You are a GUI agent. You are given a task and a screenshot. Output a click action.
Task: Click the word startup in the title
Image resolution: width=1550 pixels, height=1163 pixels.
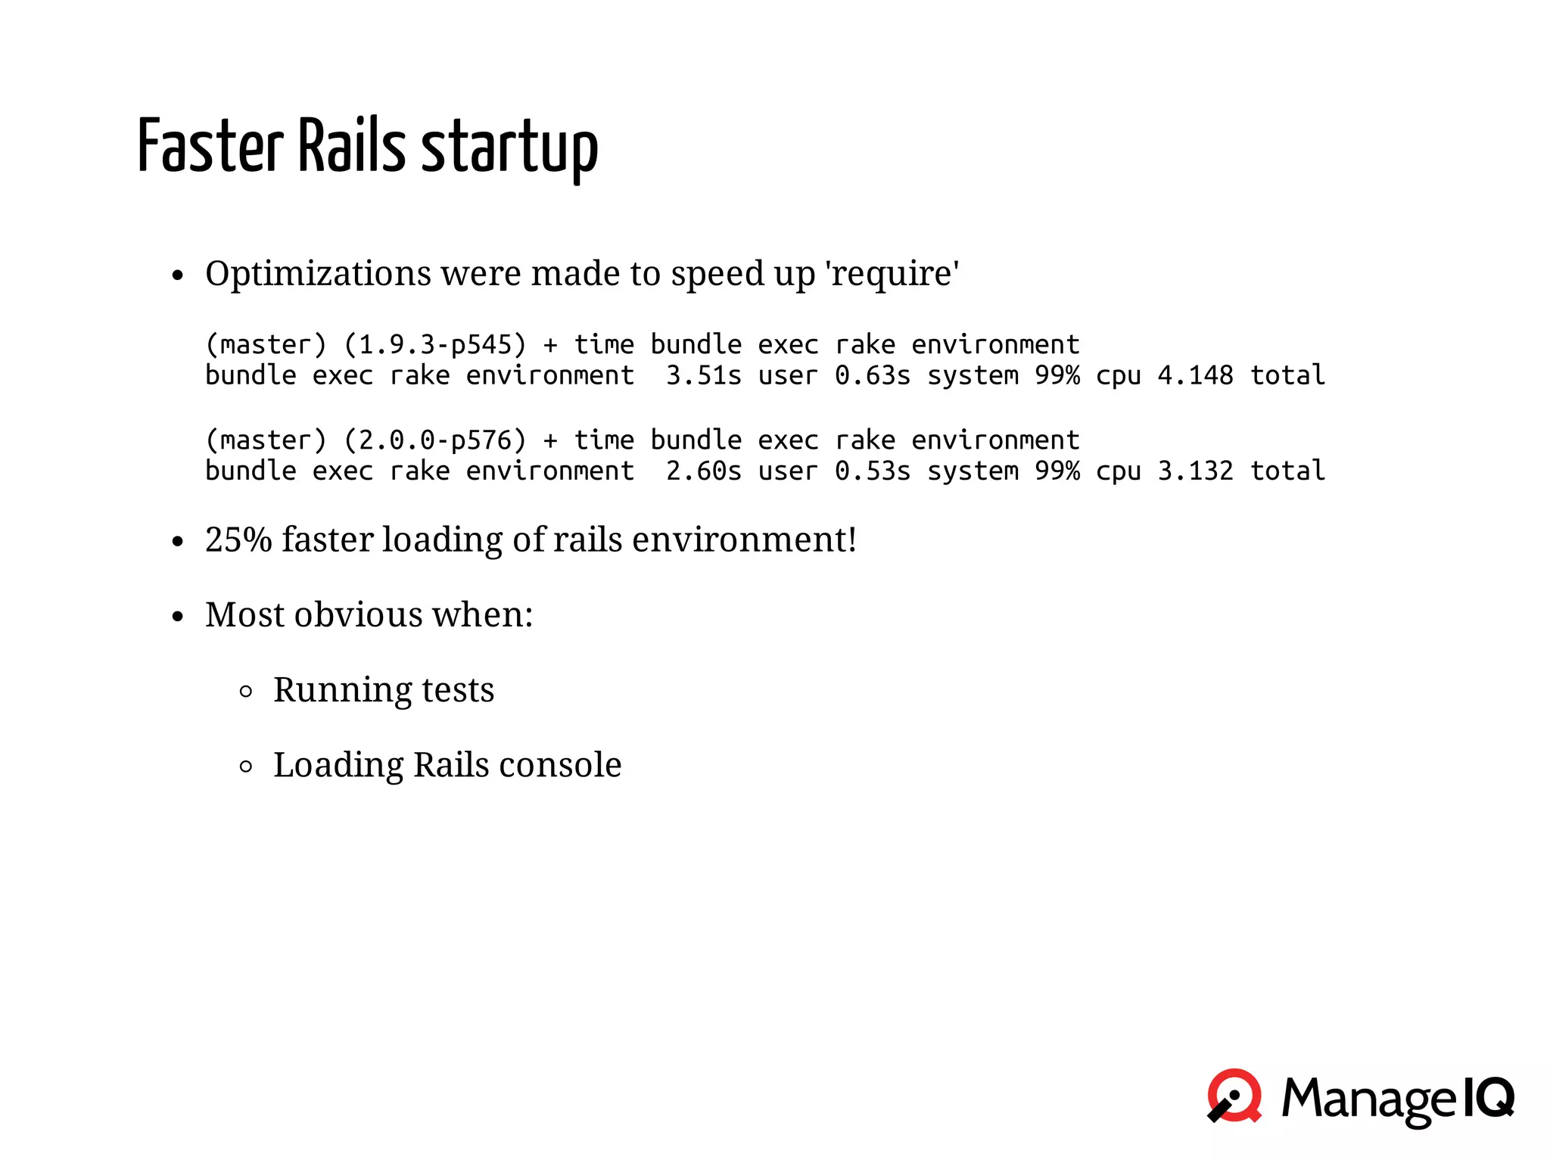pyautogui.click(x=509, y=148)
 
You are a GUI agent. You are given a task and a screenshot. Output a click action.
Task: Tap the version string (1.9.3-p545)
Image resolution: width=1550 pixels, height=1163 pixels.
pyautogui.click(x=434, y=345)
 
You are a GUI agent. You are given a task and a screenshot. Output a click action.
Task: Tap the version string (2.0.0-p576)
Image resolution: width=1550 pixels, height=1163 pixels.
pyautogui.click(x=434, y=440)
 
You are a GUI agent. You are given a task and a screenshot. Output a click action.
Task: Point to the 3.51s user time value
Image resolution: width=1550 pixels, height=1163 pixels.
pyautogui.click(x=703, y=375)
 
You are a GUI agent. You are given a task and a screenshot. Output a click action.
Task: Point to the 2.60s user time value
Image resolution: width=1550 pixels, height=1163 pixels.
pyautogui.click(x=703, y=471)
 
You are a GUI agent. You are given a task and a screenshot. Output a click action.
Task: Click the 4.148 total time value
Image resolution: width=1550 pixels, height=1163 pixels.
pyautogui.click(x=1195, y=375)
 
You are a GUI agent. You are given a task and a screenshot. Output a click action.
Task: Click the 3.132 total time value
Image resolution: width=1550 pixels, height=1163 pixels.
pyautogui.click(x=1195, y=471)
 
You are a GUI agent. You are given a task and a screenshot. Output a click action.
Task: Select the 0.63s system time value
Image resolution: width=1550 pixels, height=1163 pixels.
pyautogui.click(x=872, y=375)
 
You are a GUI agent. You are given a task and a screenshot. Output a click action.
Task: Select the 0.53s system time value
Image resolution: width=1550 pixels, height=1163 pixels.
pyautogui.click(x=872, y=471)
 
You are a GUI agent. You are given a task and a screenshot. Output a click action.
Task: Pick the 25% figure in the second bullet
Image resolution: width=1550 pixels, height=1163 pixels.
pyautogui.click(x=238, y=540)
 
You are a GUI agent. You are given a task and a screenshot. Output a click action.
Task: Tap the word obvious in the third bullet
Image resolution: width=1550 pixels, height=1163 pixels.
pyautogui.click(x=358, y=614)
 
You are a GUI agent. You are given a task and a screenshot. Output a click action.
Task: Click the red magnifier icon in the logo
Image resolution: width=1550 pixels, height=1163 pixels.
pyautogui.click(x=1234, y=1096)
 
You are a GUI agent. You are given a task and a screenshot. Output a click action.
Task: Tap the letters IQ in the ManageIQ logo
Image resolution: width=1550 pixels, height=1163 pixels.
pyautogui.click(x=1486, y=1096)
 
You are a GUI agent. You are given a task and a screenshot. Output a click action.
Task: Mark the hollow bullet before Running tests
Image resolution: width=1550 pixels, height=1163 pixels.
pyautogui.click(x=245, y=691)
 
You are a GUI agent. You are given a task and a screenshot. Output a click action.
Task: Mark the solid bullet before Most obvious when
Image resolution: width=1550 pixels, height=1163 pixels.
pyautogui.click(x=178, y=617)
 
